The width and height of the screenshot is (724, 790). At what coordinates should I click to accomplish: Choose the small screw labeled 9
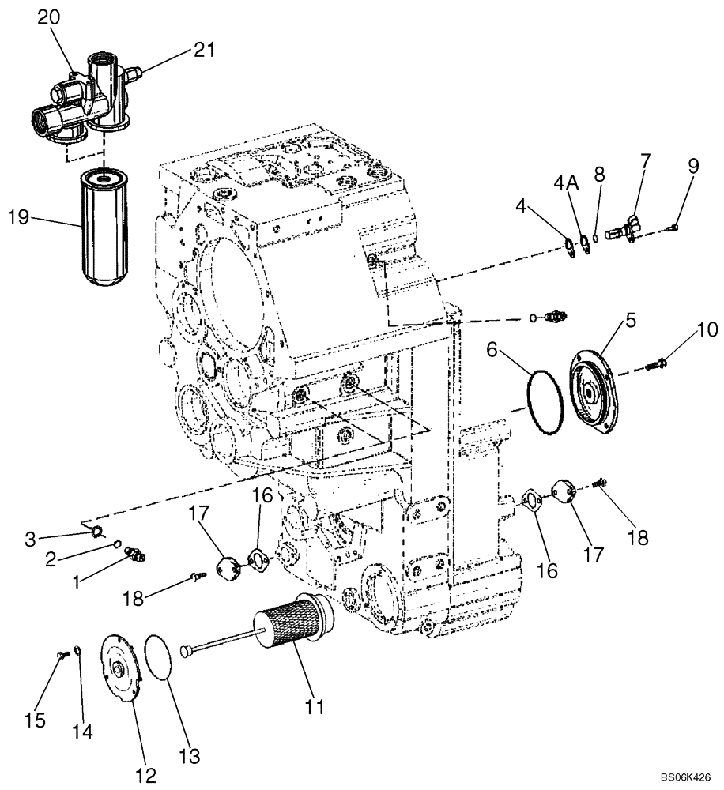pyautogui.click(x=672, y=227)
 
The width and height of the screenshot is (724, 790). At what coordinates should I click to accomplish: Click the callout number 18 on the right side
pyautogui.click(x=638, y=537)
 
